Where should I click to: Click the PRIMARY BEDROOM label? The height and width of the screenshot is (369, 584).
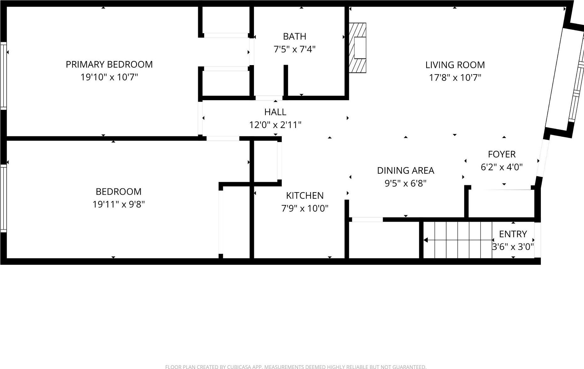(109, 64)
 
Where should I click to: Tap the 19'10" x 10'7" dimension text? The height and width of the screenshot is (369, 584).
(109, 77)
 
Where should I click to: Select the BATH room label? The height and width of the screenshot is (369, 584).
(294, 37)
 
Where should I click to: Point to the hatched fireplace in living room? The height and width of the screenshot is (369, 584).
(357, 48)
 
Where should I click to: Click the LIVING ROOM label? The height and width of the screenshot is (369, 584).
(455, 65)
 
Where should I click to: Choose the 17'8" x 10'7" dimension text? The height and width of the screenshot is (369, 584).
(455, 78)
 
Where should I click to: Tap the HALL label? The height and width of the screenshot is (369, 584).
(275, 112)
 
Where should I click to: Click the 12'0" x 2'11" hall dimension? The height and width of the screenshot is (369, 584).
(275, 125)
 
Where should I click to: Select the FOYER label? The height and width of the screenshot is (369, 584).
(502, 154)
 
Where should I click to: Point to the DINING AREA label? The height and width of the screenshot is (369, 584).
(406, 171)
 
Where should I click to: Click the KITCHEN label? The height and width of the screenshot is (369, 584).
(305, 196)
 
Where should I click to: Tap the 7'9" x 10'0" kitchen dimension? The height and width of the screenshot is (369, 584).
(305, 208)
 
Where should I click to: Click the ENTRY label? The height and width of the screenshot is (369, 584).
(513, 234)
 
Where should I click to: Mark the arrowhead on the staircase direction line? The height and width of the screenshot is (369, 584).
(426, 240)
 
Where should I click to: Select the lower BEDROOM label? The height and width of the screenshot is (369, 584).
(118, 192)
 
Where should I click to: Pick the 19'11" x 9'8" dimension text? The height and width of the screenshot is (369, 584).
(118, 205)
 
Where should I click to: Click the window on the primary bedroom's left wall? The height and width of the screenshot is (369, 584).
(3, 76)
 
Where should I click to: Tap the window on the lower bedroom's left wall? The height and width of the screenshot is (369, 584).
(3, 198)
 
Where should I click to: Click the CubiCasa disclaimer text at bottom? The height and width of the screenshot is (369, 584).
(296, 367)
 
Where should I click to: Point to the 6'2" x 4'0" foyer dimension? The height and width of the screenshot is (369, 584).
(502, 167)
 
